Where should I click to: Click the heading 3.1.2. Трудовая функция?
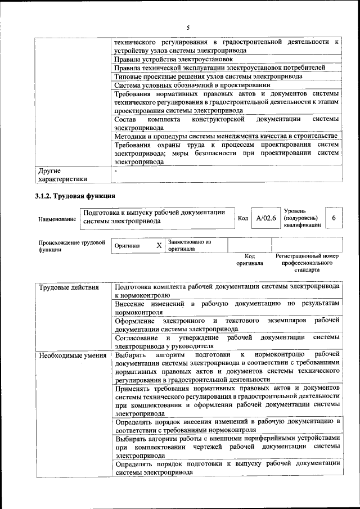point(75,197)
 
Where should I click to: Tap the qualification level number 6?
point(334,218)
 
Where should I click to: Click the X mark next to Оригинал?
point(159,245)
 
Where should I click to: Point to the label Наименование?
point(57,219)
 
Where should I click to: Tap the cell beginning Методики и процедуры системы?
point(226,136)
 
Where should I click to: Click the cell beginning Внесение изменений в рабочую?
point(227,308)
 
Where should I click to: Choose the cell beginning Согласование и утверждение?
point(227,341)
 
